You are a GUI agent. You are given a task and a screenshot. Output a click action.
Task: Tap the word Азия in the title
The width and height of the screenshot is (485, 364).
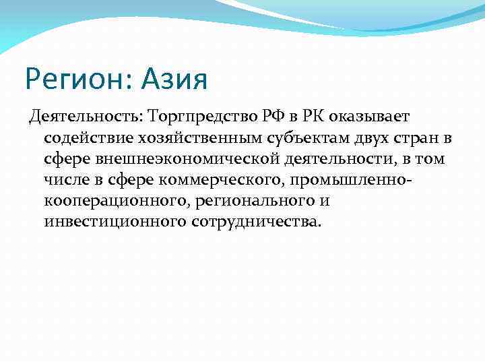pos(174,79)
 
